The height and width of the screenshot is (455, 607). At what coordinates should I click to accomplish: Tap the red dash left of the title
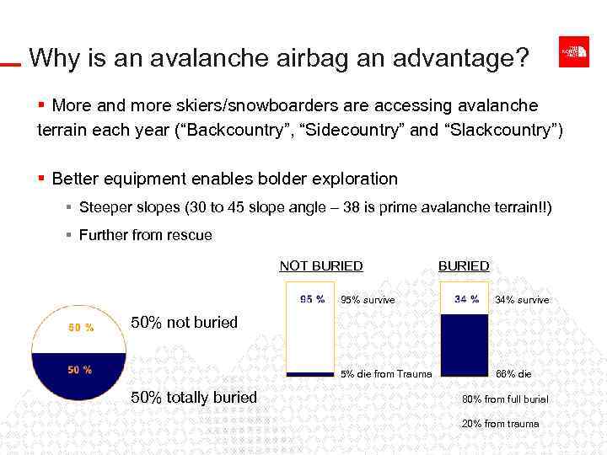(x=10, y=64)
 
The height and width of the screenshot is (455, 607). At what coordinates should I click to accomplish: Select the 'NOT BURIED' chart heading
(x=321, y=266)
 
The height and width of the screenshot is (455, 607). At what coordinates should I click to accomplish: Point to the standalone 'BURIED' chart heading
(x=463, y=266)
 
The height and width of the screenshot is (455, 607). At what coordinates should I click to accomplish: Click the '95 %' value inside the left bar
(x=312, y=299)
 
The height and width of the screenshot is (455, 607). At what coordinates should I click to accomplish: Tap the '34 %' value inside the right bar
(x=466, y=299)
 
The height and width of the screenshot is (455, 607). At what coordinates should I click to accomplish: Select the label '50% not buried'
(x=185, y=322)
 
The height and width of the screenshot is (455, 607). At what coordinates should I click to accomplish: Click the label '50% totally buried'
(x=195, y=397)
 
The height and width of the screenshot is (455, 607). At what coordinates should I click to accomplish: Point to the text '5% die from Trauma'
(x=386, y=374)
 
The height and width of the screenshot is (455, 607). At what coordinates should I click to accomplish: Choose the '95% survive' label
(x=368, y=300)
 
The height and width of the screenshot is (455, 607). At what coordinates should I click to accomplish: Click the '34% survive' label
(x=522, y=300)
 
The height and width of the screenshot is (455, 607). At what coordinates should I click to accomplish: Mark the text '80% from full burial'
(x=504, y=399)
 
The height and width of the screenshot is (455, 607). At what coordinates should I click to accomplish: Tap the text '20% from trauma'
(x=500, y=424)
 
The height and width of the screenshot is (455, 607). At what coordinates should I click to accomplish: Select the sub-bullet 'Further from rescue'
(x=145, y=235)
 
